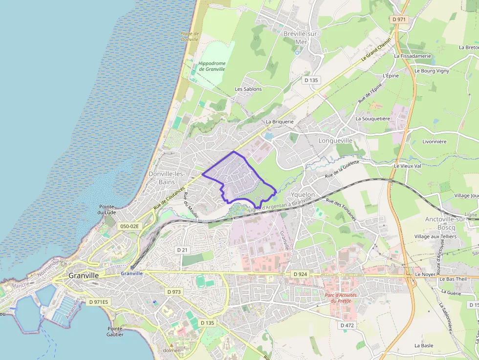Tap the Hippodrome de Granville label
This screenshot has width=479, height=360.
212,66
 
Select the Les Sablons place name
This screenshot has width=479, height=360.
248,89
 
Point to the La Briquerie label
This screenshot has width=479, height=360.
280,122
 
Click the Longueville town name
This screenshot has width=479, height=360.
335,141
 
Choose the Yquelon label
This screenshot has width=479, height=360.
303,194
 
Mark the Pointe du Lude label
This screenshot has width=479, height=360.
107,210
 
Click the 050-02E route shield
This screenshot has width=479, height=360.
129,226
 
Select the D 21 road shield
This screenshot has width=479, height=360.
182,250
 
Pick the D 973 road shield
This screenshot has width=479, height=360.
174,292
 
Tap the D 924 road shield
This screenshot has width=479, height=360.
300,275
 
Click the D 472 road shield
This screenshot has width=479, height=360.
347,325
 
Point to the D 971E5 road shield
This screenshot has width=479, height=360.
98,302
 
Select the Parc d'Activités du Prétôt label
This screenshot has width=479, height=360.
341,298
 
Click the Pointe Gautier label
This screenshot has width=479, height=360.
115,332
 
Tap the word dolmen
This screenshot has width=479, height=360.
172,350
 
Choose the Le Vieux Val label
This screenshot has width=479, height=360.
408,166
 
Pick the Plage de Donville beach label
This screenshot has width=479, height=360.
190,36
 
